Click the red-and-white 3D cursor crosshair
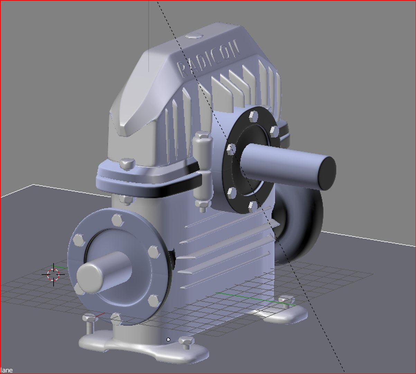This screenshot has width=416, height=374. (54, 274)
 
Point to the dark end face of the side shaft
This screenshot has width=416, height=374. (326, 172)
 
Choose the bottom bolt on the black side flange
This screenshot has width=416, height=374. (252, 206)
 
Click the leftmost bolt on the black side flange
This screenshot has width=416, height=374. (231, 150)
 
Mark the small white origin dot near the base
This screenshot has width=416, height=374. (168, 339)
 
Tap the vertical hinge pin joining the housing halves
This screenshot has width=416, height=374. (202, 170)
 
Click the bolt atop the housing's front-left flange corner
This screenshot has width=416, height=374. (127, 163)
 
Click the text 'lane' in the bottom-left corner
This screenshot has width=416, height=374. (6, 370)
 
